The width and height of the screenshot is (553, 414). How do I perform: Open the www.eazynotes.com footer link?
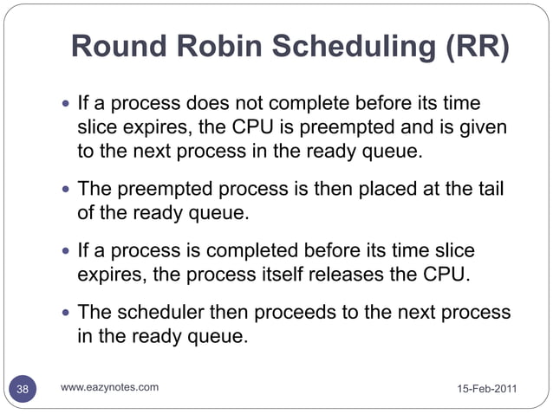pos(109,387)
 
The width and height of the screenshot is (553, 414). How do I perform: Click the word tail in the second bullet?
pos(496,188)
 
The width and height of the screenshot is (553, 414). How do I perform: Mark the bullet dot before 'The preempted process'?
pos(68,188)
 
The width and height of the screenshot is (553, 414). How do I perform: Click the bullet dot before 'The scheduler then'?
pos(68,313)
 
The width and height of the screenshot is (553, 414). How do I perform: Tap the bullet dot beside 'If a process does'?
pos(68,107)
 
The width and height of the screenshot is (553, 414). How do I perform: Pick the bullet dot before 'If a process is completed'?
pos(68,250)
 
